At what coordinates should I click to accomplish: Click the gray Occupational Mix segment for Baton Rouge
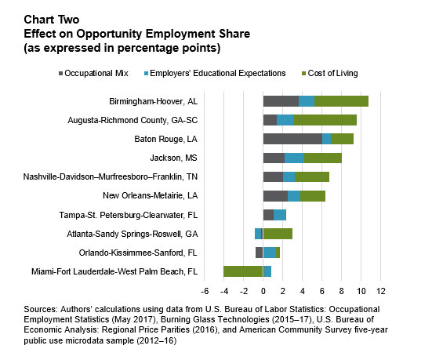coord(292,139)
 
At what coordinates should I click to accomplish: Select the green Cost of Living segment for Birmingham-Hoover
coord(341,101)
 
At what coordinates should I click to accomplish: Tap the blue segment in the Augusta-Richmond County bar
coord(285,120)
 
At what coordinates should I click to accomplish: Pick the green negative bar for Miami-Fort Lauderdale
coord(243,271)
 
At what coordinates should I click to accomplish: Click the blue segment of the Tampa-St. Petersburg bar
coord(280,215)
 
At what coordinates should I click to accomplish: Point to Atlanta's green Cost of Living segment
coord(278,234)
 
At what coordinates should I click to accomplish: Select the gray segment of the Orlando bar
coord(260,253)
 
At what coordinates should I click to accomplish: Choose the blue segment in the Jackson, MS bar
coord(294,158)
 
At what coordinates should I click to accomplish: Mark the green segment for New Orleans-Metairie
coord(313,196)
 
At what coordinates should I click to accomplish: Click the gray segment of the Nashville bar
coord(273,176)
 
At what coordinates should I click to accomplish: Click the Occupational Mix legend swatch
coord(60,74)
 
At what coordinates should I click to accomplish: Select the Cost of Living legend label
coord(332,73)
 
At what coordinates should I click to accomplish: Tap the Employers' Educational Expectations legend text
coord(218,73)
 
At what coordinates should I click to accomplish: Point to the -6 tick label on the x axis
coord(205,291)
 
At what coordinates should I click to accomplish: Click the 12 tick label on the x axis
coord(381,291)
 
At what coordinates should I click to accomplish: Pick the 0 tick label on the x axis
coord(263,291)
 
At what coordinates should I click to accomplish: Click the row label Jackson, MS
coord(173,158)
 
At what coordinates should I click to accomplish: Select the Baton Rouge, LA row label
coord(166,139)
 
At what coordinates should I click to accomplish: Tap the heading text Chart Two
coord(52,20)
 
